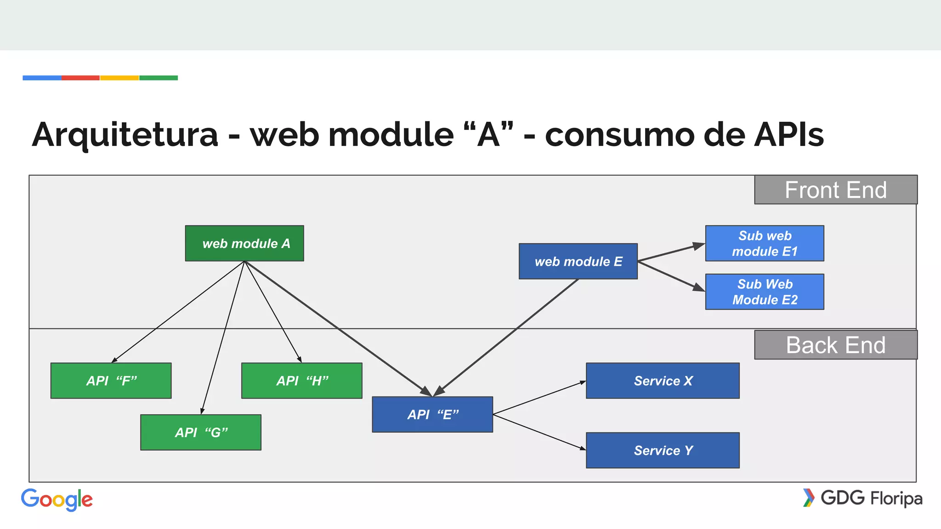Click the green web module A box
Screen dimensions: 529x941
pos(244,243)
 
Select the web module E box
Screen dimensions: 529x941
pos(578,261)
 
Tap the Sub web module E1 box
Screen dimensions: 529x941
pos(765,243)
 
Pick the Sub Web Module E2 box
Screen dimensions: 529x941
pos(765,292)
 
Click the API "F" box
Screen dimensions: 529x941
pos(111,381)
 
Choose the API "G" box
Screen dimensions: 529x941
pos(201,433)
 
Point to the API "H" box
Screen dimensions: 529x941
pos(302,381)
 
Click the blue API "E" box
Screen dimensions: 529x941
pos(432,415)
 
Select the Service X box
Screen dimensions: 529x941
pos(663,381)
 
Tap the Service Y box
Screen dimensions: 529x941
pos(663,450)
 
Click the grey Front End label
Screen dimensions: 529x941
pos(835,190)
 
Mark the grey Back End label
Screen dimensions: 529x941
pos(835,345)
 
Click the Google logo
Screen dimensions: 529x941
pos(57,500)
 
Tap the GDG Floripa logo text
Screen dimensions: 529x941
pos(871,498)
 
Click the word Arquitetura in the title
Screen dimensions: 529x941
pos(125,135)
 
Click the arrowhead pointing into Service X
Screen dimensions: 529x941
pos(583,382)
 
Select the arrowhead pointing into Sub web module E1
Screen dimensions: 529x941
pos(699,246)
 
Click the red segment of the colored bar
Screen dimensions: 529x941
pos(80,78)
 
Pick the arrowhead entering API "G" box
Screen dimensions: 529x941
pos(202,411)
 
